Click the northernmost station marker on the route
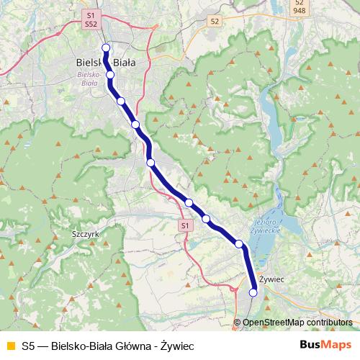click(106, 48)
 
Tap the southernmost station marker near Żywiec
click(253, 292)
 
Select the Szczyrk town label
click(86, 234)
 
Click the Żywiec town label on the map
click(271, 278)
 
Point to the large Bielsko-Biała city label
click(105, 63)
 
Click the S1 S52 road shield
click(90, 19)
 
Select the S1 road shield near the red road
click(185, 225)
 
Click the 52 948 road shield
click(299, 6)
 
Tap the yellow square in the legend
click(10, 345)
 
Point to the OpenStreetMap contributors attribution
click(297, 322)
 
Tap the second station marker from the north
click(110, 74)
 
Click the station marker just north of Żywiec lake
click(239, 245)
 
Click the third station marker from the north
click(121, 101)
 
